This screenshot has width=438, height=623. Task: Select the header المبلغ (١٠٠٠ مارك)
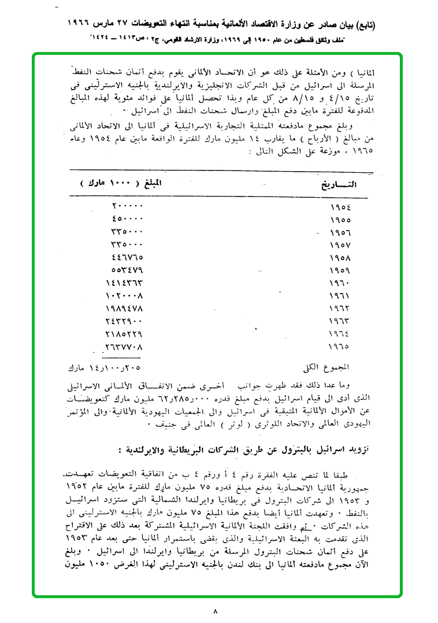122,183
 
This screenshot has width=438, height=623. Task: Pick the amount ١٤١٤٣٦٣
124,283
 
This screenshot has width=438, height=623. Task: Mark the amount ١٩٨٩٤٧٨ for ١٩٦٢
124,309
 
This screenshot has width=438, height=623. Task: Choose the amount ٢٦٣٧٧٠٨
124,347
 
